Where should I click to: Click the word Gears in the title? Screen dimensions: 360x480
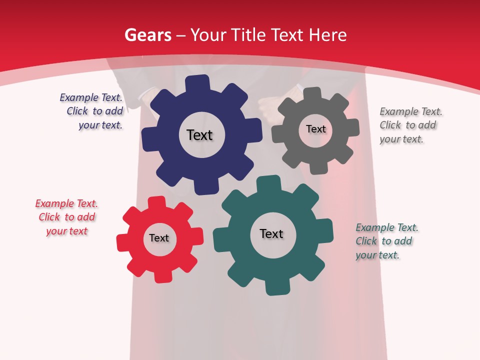point(148,35)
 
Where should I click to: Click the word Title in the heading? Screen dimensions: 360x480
point(248,35)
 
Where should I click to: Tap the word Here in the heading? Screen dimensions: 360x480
point(327,35)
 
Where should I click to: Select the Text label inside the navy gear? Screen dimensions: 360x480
point(199,135)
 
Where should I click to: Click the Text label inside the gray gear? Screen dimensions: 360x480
point(315,129)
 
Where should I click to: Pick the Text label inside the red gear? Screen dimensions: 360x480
point(159,238)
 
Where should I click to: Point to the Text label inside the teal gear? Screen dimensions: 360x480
point(271,234)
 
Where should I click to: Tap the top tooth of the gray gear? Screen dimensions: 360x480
point(312,94)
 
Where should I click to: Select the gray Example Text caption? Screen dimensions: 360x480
point(410,125)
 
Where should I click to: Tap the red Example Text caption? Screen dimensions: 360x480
point(66,217)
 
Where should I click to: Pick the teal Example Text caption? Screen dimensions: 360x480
point(386,241)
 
